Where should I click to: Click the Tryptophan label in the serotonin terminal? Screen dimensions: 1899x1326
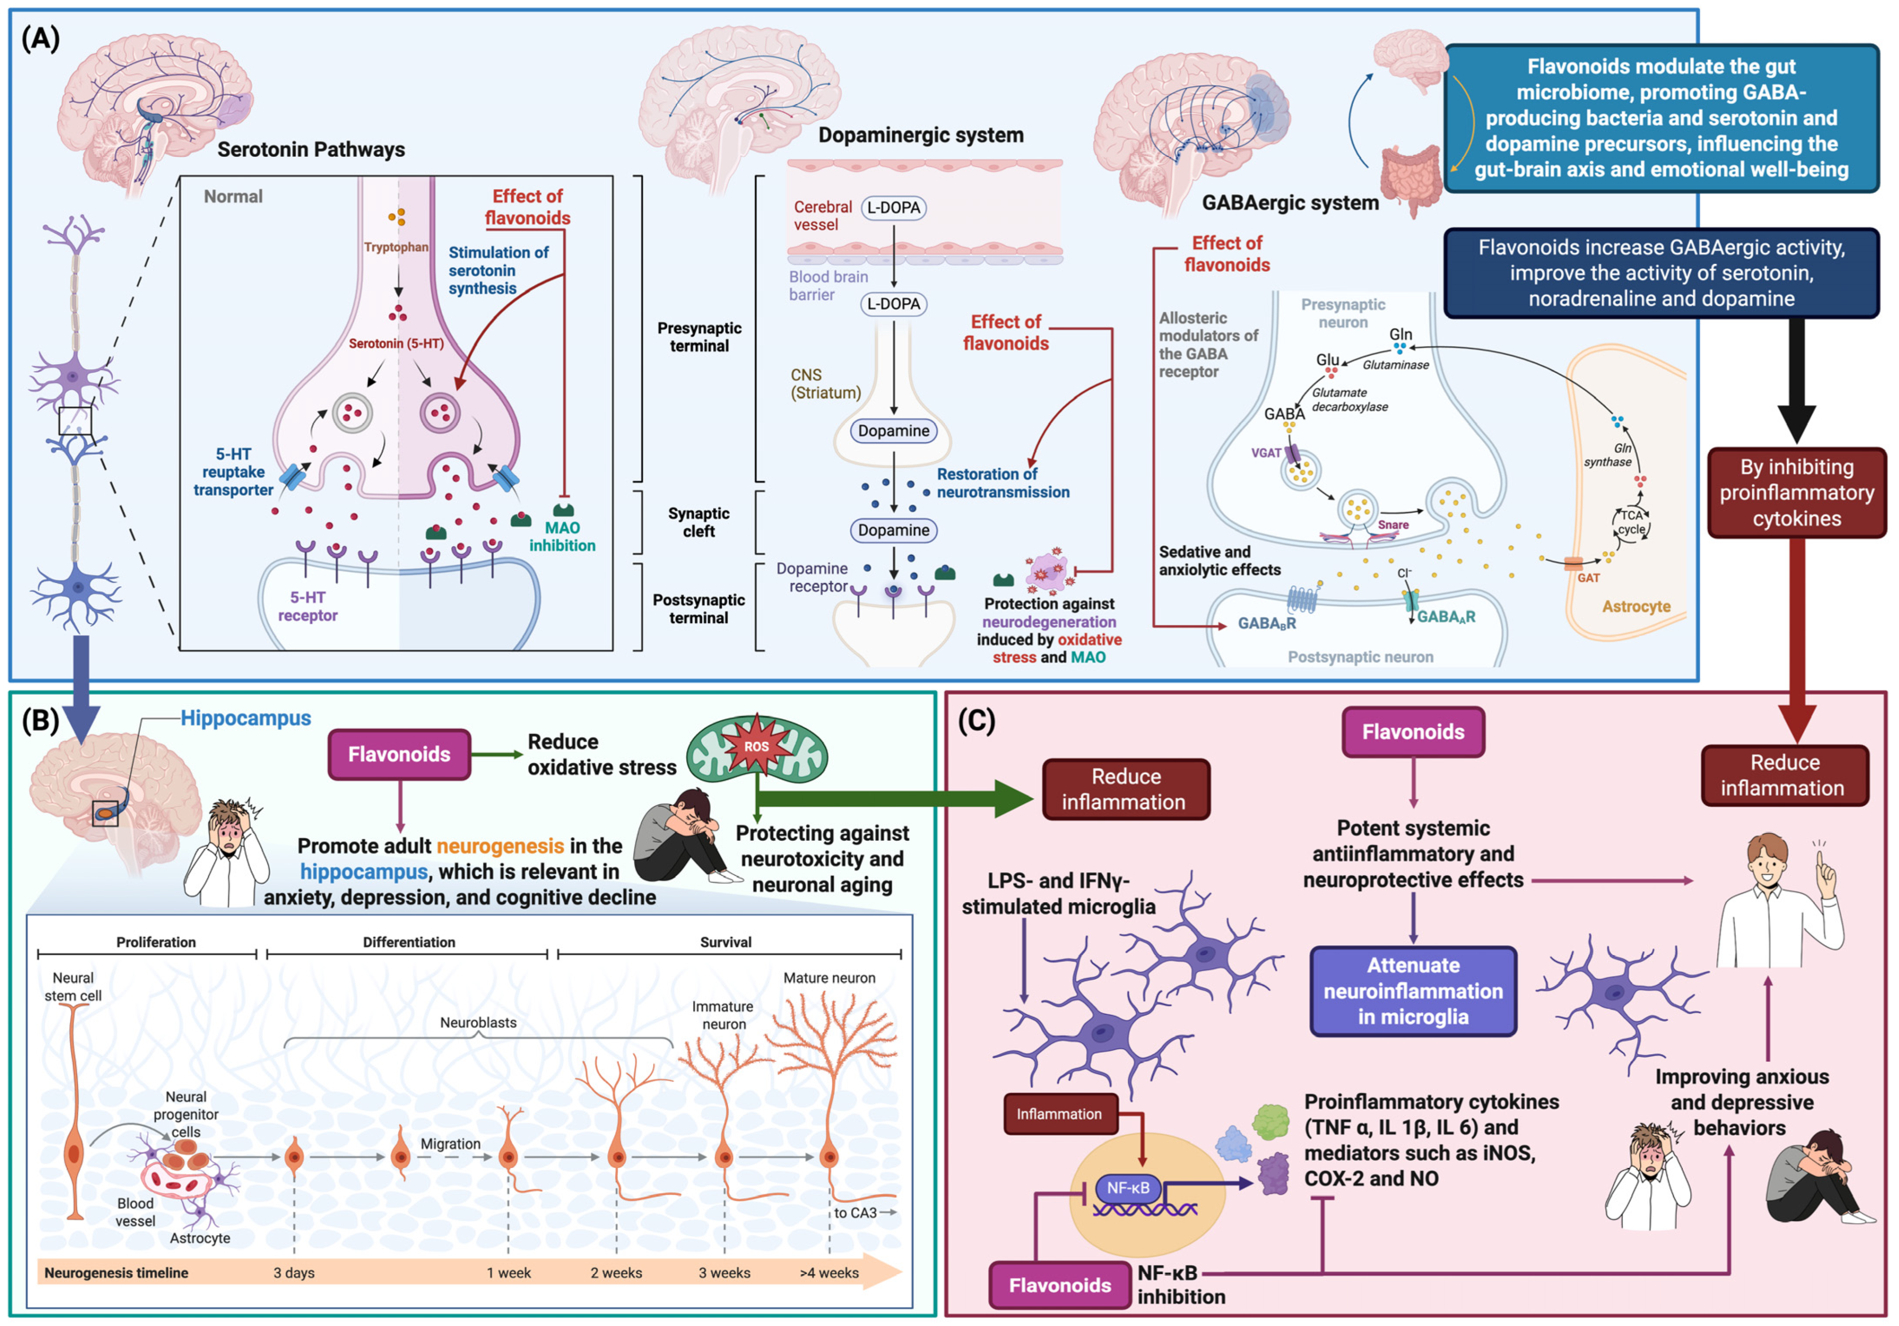[x=396, y=246]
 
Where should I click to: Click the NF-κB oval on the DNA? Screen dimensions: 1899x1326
[x=1128, y=1188]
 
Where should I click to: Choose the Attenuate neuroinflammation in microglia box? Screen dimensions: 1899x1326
[x=1413, y=991]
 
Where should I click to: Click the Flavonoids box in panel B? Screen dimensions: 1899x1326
[x=399, y=753]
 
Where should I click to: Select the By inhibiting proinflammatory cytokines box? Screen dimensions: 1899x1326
[x=1797, y=492]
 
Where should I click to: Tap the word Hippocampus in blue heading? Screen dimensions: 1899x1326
[x=246, y=718]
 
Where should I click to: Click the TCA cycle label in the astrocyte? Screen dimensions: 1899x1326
[x=1632, y=522]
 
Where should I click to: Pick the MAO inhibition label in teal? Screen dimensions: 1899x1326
[x=562, y=536]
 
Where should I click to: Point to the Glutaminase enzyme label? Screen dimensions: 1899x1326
[x=1395, y=365]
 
